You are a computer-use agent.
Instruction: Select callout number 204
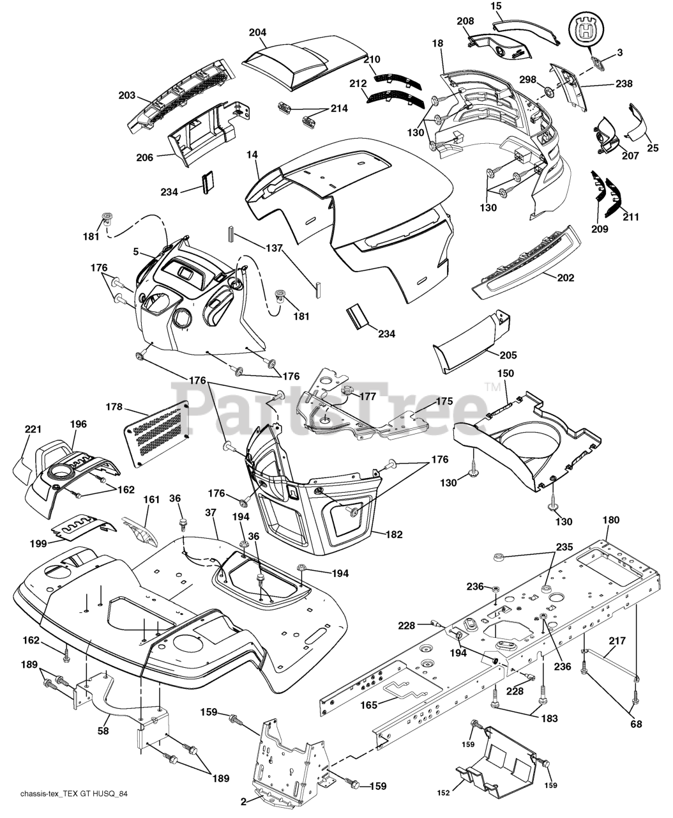coord(258,33)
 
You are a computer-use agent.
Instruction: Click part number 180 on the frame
coord(610,520)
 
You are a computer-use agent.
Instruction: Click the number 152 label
coord(444,793)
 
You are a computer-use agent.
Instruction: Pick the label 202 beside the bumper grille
coord(565,278)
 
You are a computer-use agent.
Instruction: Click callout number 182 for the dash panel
coord(393,534)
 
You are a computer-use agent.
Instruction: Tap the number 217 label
coord(617,640)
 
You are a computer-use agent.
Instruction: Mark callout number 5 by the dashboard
coord(135,252)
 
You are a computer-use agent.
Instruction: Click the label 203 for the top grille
coord(127,95)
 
